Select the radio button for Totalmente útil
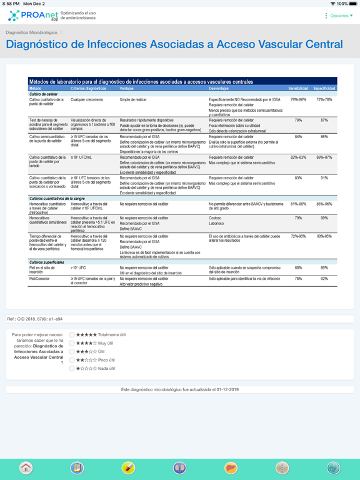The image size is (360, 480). coord(72,335)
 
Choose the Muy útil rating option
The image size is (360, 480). coord(72,343)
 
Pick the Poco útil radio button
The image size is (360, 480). coord(72,360)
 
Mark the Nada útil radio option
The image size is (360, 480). coord(72,369)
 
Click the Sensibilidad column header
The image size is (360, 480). coord(298,89)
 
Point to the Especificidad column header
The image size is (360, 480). coord(324,89)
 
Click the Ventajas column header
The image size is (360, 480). coord(127,89)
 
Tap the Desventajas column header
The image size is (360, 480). coord(219,89)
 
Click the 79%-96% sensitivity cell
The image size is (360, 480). coord(298,99)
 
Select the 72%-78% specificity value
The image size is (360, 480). coord(324,99)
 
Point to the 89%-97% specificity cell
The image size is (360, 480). coord(324,157)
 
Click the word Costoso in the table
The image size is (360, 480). coord(216,218)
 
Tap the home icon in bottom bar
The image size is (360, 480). coord(26,467)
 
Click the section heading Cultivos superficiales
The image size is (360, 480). coord(47,262)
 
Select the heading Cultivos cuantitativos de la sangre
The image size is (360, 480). coord(57,198)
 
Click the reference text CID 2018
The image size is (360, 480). coord(35,319)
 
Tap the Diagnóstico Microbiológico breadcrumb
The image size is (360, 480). coord(31,32)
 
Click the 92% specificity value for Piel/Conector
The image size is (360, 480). coord(324,279)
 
